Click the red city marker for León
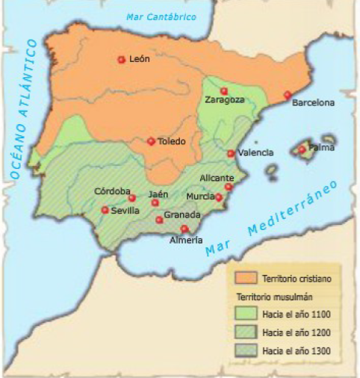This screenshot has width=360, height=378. pos(121,60)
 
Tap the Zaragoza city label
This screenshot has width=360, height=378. pos(225,100)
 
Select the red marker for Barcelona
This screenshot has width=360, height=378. pos(287,95)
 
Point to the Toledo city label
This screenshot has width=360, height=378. pos(171,141)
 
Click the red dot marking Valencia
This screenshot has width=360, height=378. pos(231,154)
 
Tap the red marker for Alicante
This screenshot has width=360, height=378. pos(228,187)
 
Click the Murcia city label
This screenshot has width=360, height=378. pos(200,196)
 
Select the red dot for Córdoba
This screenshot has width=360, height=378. pos(132,198)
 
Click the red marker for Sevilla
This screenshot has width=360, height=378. pos(105,210)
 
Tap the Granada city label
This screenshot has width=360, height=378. pos(182,215)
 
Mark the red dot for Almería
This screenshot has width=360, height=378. pos(184,229)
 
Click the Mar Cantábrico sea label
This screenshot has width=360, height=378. pos(161,16)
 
